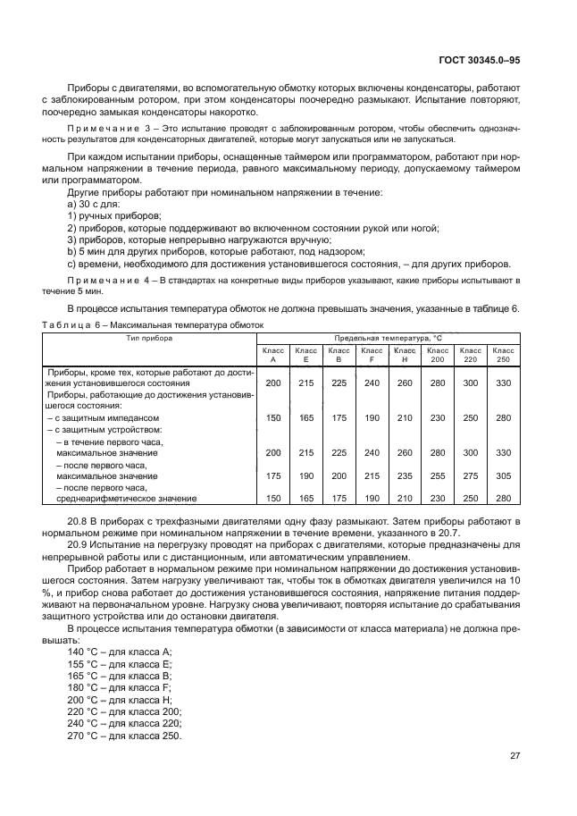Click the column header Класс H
[405, 355]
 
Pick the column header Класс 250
[503, 355]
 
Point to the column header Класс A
[273, 355]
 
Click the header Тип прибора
[149, 340]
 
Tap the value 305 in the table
[503, 476]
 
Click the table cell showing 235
[405, 476]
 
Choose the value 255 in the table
[437, 476]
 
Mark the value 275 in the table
[470, 476]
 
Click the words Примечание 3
[101, 129]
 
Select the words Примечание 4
[101, 281]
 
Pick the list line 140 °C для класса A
[120, 652]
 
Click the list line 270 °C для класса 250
[124, 736]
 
